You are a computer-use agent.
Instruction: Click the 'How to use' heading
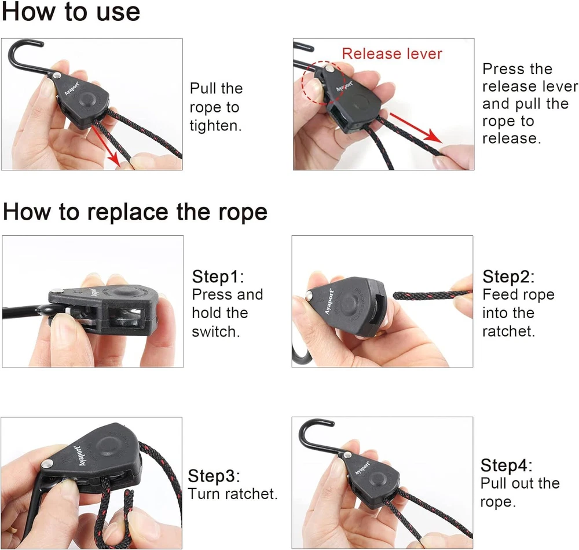71,12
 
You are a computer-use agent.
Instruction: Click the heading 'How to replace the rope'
135,212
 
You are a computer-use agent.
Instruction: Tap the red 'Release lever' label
392,53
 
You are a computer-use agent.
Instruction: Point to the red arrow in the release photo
416,128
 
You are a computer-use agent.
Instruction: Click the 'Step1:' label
218,277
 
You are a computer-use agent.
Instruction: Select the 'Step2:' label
508,277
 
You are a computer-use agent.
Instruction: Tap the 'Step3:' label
214,476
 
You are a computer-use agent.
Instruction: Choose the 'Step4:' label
506,465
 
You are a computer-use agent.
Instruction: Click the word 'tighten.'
215,126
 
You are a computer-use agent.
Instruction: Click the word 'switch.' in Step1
216,332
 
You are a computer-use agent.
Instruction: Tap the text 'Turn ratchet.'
233,494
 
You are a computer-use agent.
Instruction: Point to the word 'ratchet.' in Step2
508,331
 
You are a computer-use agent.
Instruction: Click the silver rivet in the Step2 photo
309,295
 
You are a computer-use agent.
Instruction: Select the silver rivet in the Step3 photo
46,464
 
